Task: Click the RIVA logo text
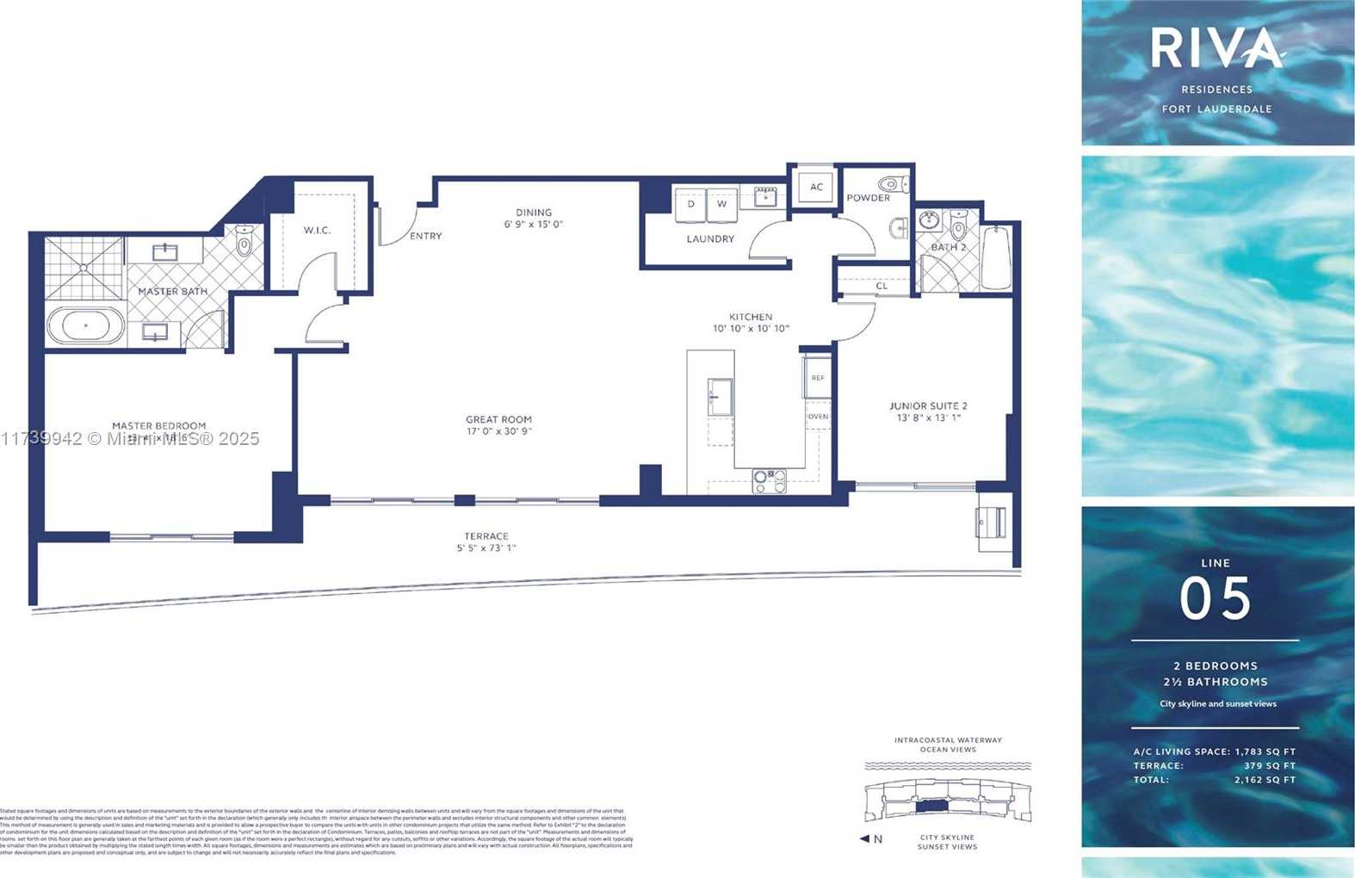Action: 1216,48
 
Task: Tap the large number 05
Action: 1215,598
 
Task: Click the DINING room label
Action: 534,213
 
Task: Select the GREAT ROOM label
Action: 498,420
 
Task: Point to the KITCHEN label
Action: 751,317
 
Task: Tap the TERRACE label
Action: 486,536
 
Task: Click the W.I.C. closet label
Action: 317,230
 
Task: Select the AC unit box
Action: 816,187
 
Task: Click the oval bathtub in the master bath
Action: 86,327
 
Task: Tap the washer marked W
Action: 721,204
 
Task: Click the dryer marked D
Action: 690,204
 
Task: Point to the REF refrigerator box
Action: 818,378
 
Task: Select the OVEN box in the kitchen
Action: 818,417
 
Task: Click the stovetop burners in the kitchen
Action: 769,480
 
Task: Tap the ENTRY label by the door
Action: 425,236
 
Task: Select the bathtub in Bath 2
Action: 996,257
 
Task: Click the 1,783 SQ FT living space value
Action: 1265,751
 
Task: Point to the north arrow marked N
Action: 871,839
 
